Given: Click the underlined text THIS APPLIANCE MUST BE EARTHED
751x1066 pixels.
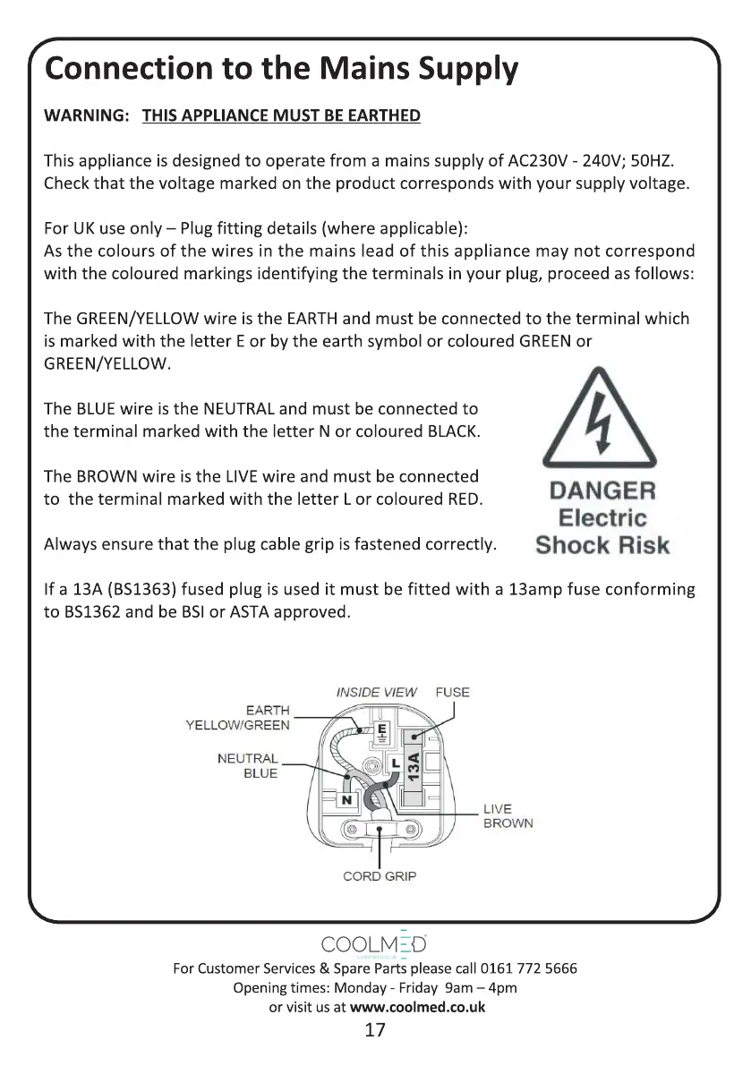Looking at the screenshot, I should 281,115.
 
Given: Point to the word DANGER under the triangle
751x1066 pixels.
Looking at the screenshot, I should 602,490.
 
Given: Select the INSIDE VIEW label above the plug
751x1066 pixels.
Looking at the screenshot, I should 377,692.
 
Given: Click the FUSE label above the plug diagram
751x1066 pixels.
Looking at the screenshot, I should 452,692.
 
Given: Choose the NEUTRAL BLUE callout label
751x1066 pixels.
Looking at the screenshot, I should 248,766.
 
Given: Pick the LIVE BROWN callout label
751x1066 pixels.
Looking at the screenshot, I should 508,816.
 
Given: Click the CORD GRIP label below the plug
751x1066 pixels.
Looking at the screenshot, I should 380,876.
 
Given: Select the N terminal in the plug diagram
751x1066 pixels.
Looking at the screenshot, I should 346,799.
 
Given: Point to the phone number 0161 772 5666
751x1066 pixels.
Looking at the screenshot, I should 529,968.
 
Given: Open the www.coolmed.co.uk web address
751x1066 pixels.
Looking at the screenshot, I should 417,1006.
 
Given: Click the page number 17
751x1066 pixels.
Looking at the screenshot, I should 375,1029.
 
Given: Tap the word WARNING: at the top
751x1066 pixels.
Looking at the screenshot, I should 88,115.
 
